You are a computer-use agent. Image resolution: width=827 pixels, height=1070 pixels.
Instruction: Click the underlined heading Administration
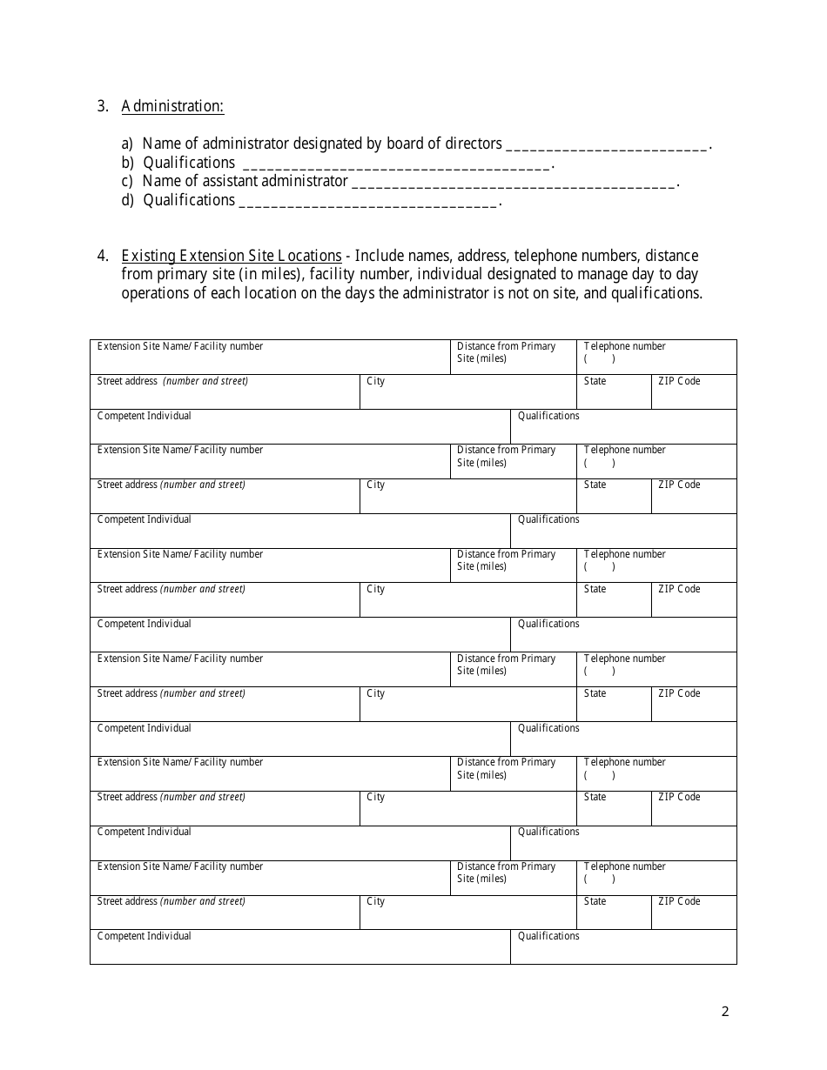172,106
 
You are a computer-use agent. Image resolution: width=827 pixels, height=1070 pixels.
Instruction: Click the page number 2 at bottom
725,1011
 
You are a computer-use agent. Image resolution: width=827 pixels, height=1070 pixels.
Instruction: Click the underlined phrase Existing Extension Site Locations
232,256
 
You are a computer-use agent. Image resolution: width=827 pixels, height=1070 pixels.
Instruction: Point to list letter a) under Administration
127,144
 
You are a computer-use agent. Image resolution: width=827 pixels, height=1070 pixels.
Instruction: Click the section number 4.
103,256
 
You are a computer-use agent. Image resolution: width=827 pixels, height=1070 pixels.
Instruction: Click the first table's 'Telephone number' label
624,346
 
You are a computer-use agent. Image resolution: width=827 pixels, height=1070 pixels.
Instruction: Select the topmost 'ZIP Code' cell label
679,381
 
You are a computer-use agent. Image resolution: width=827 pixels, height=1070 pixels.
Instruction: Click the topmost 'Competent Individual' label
144,416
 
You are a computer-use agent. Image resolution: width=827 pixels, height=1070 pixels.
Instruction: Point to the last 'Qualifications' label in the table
548,936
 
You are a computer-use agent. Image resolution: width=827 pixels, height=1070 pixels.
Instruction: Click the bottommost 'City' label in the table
375,901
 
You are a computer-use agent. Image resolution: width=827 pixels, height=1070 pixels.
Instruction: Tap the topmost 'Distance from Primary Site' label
506,352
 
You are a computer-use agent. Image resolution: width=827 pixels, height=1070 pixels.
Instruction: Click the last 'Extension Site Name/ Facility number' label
179,866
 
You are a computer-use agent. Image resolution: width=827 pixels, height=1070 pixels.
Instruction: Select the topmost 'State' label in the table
595,381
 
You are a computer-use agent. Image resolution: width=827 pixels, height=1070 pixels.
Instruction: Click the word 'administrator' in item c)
305,181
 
